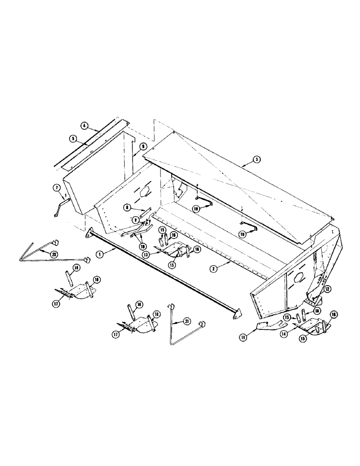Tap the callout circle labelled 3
[256, 159]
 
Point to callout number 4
[84, 125]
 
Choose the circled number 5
[73, 138]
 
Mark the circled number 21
[187, 322]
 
